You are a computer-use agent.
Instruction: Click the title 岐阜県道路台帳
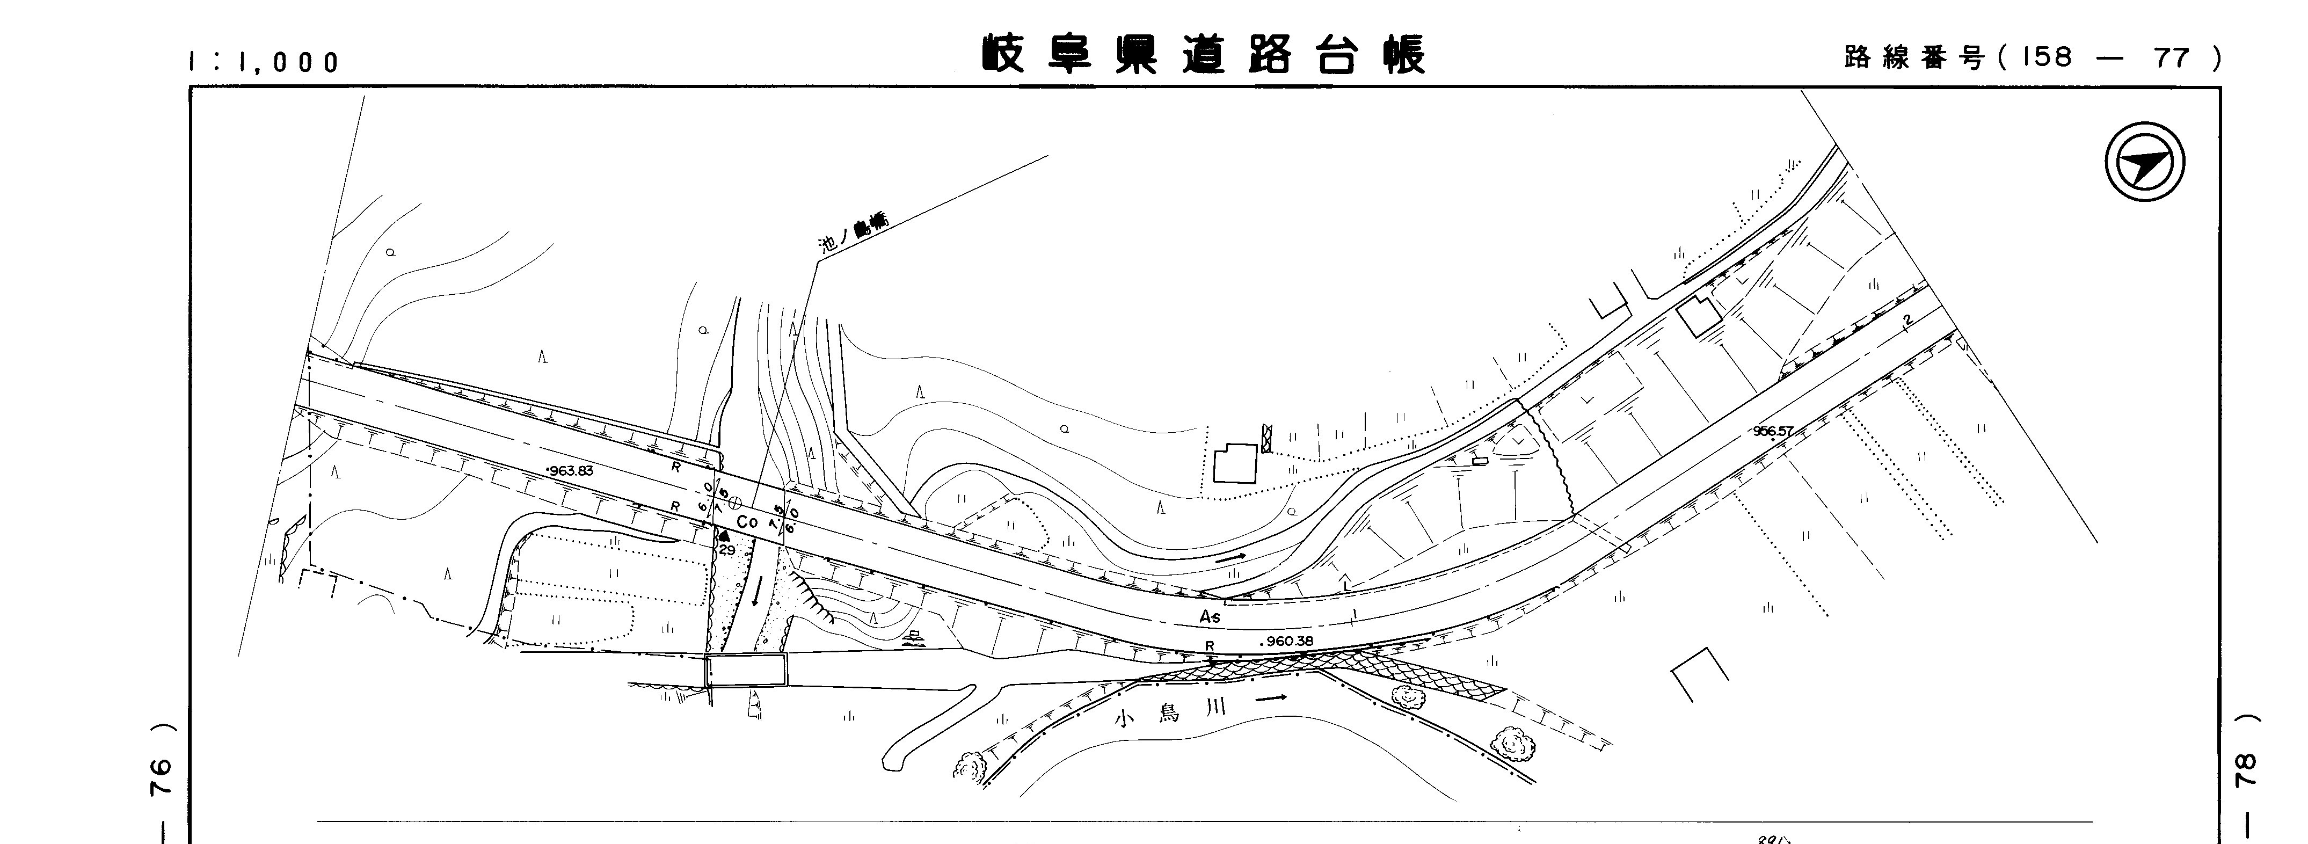1203,55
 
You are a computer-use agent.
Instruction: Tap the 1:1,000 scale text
264,62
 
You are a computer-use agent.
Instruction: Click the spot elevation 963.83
570,470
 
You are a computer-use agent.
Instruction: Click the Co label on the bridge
747,521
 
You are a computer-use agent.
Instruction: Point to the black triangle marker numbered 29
724,536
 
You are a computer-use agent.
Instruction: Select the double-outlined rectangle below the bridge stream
745,670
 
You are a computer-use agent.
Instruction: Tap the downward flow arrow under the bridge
756,591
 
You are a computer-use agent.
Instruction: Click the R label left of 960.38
1210,645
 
